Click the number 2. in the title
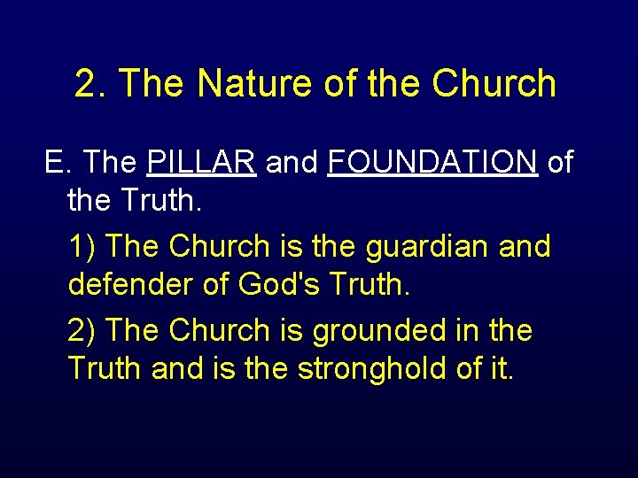91,84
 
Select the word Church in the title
494,84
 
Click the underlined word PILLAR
202,163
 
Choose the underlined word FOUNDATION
432,163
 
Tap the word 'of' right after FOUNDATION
560,163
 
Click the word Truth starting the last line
105,368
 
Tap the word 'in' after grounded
467,331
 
